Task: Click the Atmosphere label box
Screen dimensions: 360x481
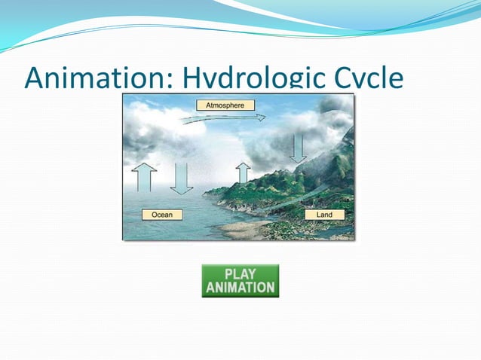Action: (x=225, y=105)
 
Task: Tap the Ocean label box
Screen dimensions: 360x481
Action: (x=162, y=215)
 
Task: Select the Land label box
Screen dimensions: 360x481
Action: (x=324, y=215)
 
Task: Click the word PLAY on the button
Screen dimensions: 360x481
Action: (x=240, y=273)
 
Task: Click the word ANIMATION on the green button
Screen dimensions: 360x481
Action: (x=240, y=287)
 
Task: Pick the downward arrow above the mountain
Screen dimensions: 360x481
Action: (x=299, y=148)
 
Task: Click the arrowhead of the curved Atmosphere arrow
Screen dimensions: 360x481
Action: (x=260, y=117)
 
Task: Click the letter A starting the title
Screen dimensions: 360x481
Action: (x=34, y=78)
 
